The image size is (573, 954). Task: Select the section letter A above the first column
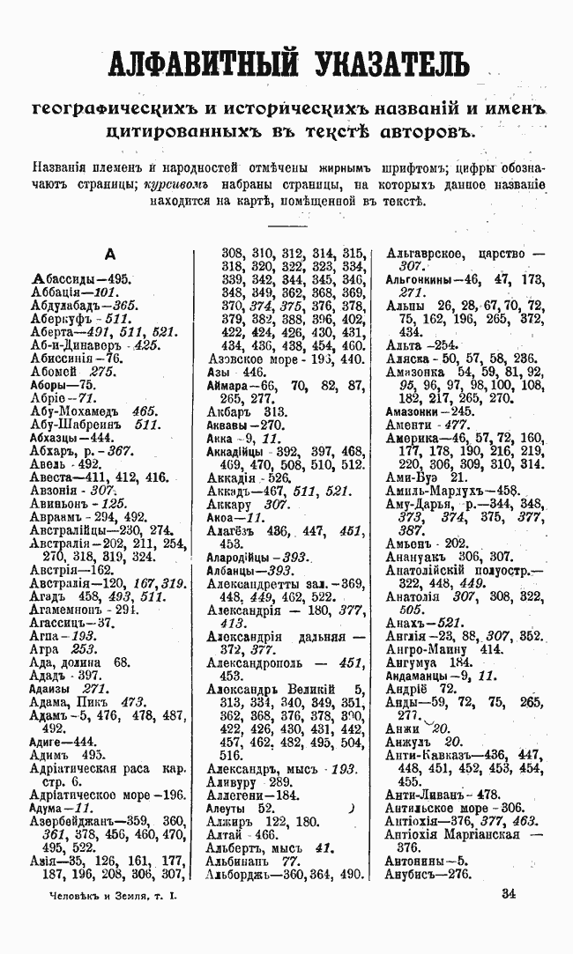coord(109,255)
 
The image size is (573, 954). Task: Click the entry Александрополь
coord(264,664)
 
